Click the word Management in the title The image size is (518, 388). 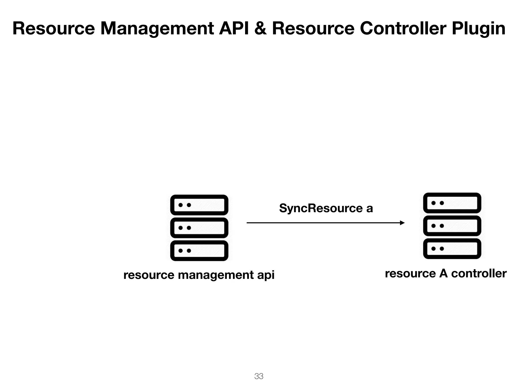click(x=157, y=29)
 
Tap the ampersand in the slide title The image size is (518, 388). click(x=261, y=28)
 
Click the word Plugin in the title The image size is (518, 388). click(x=478, y=29)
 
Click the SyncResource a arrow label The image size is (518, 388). click(x=326, y=208)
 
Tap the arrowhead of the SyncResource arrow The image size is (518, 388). click(x=402, y=223)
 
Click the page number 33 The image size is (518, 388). click(x=259, y=376)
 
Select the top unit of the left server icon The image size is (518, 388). click(x=199, y=205)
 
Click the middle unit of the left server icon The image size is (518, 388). click(x=199, y=228)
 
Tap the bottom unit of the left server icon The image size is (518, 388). click(x=199, y=251)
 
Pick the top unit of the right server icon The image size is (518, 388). click(x=452, y=203)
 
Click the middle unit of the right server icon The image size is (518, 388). click(x=452, y=226)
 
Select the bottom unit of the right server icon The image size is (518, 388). click(x=452, y=249)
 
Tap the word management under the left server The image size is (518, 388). click(x=216, y=275)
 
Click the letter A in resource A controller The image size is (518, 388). click(x=443, y=273)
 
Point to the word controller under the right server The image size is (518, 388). click(x=479, y=273)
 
